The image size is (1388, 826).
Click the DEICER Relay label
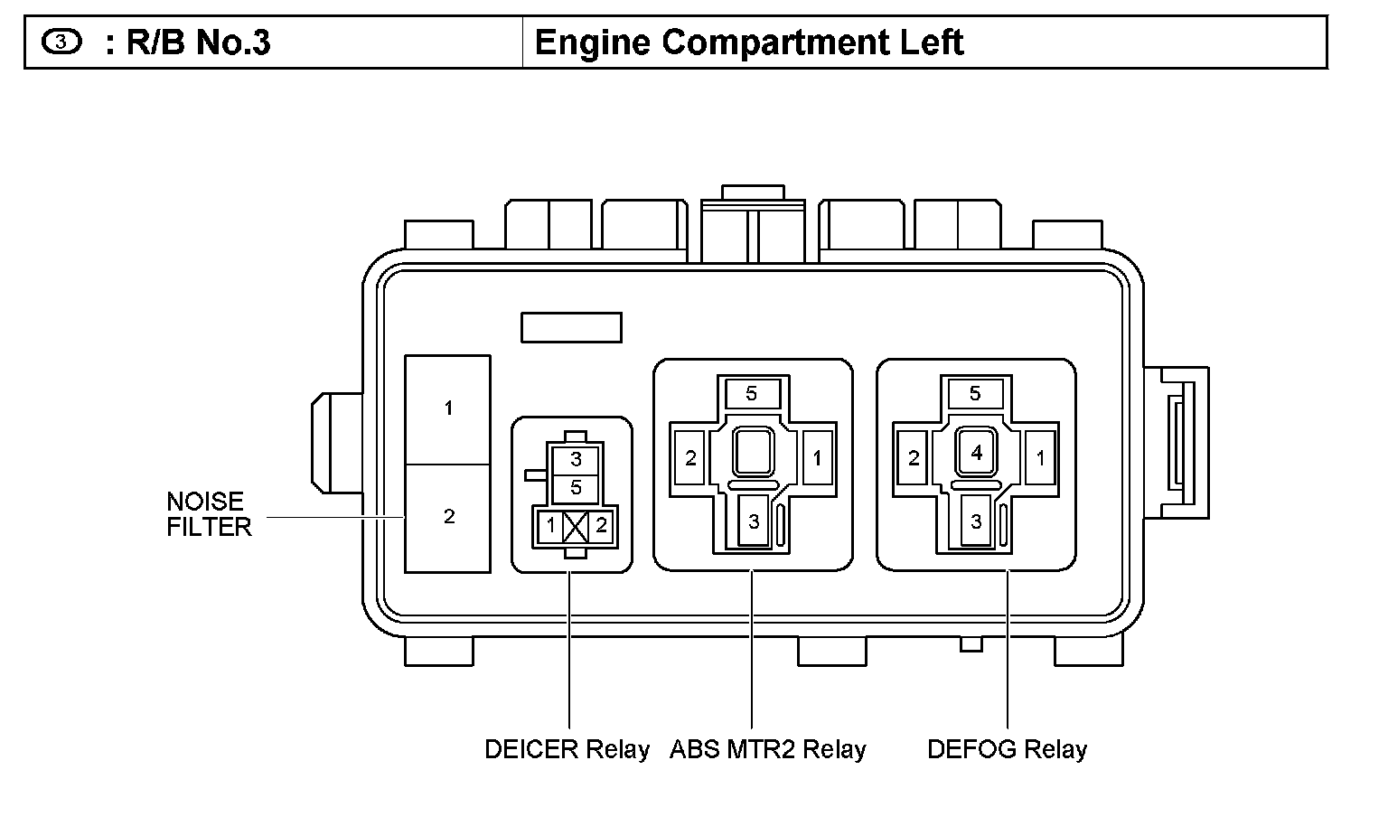pyautogui.click(x=567, y=749)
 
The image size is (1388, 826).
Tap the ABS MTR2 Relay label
pyautogui.click(x=767, y=749)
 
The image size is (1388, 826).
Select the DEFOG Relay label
pyautogui.click(x=1007, y=749)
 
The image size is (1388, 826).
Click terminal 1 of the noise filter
pyautogui.click(x=448, y=409)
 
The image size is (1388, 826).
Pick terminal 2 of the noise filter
pyautogui.click(x=448, y=518)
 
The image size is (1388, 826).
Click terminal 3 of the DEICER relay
pyautogui.click(x=576, y=460)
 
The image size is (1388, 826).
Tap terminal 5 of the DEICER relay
pyautogui.click(x=576, y=488)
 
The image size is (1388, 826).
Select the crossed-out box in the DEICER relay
pyautogui.click(x=576, y=526)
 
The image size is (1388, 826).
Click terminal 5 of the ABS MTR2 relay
pyautogui.click(x=751, y=393)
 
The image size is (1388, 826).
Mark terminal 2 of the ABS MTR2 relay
pyautogui.click(x=690, y=459)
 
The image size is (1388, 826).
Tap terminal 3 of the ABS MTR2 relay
pyautogui.click(x=754, y=521)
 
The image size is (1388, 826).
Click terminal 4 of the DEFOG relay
pyautogui.click(x=976, y=452)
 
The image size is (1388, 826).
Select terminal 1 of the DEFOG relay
pyautogui.click(x=1040, y=459)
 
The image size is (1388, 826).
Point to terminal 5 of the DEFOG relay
pyautogui.click(x=975, y=393)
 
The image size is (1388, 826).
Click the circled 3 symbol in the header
pyautogui.click(x=61, y=42)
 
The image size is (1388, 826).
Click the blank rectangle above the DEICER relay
pyautogui.click(x=571, y=327)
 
